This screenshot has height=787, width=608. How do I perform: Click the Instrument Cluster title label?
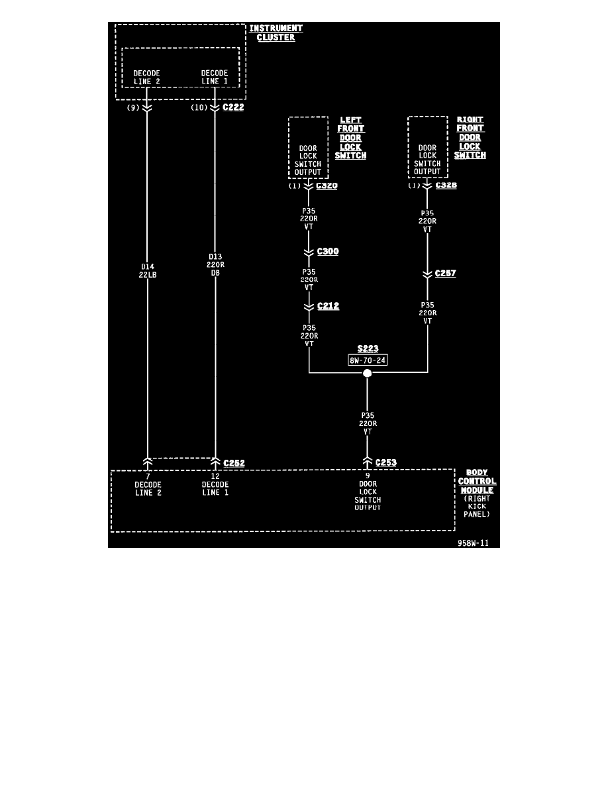coord(276,32)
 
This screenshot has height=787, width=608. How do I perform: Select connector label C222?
coord(234,107)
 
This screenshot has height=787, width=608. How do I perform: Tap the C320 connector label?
coord(327,186)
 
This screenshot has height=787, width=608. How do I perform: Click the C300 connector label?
coord(328,252)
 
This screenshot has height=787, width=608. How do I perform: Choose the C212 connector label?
coord(328,306)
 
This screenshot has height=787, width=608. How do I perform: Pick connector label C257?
coord(445,273)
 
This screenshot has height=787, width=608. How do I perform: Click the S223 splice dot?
coord(368,373)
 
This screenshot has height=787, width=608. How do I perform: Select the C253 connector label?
coord(385,462)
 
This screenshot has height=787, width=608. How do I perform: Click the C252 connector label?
coord(234,463)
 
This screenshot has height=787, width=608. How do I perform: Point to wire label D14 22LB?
coord(147,271)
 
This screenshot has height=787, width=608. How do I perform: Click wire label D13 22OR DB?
coord(215,264)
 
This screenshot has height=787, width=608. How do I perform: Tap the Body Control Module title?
coord(477,482)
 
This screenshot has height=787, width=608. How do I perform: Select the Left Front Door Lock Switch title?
coord(350,138)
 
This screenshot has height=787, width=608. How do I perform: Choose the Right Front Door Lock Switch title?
coord(470,138)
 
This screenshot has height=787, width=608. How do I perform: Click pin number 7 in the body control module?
coord(147,476)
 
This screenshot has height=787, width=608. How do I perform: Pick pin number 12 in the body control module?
coord(215,476)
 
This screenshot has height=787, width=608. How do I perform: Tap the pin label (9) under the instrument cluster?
coord(133,107)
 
